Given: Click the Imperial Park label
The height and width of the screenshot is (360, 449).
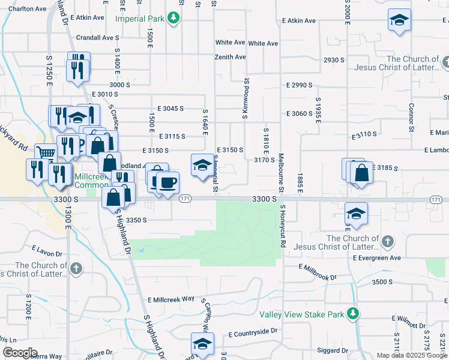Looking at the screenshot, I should coord(140,19).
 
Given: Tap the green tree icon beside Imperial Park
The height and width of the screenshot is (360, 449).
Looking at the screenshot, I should coord(173,19).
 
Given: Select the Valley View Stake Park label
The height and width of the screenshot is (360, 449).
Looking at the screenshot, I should coord(303,314).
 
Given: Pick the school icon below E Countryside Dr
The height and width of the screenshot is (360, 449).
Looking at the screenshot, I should coord(202,344).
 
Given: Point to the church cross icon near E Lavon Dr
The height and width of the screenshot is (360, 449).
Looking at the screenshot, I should coord(76,268).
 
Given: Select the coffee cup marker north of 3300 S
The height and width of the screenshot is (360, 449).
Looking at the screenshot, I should coord(167,182).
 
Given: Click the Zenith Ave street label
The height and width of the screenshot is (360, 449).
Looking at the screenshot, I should coord(231,57).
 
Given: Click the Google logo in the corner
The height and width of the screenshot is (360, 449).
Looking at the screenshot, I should coord(20,353).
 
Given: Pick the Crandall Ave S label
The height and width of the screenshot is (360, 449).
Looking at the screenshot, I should coord(98,37).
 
